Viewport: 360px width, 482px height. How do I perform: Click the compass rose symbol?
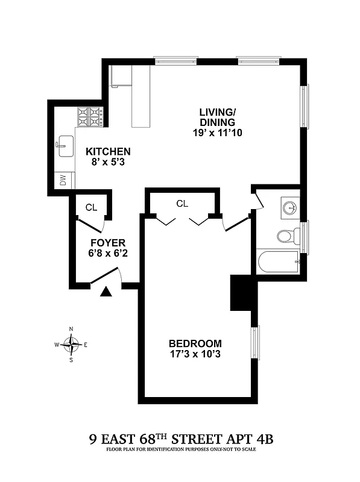click(72, 345)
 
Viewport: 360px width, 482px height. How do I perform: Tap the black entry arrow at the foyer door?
click(107, 292)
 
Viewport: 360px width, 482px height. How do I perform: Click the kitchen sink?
click(63, 146)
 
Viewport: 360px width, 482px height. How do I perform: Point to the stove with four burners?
click(90, 116)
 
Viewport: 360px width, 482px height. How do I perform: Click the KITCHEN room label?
click(108, 151)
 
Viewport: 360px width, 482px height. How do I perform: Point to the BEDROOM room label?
click(194, 343)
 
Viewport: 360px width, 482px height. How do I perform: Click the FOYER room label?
click(107, 243)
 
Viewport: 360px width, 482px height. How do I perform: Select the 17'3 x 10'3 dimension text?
click(195, 354)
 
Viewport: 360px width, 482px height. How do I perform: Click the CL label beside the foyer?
click(91, 207)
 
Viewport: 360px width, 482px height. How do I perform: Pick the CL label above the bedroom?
click(182, 203)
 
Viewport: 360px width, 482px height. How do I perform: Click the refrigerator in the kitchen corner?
click(121, 76)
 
